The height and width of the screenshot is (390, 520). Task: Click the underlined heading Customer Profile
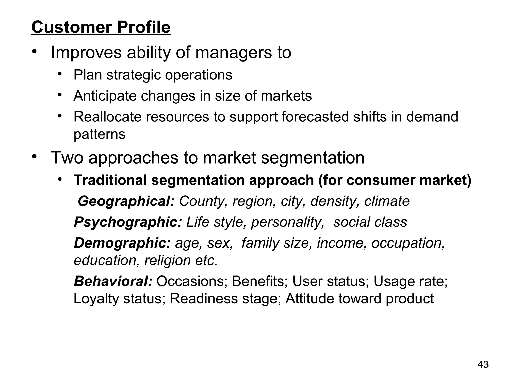[x=101, y=27]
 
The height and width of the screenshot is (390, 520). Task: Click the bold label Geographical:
[x=126, y=201]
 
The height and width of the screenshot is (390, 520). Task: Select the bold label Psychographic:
[x=128, y=222]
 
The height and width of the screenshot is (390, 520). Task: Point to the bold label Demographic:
[x=122, y=243]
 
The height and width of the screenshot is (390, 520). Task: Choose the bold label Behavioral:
[x=113, y=281]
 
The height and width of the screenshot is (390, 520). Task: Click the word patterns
[x=99, y=134]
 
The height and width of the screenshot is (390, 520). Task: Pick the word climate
[x=387, y=201]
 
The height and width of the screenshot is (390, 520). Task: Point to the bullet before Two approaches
[x=35, y=156]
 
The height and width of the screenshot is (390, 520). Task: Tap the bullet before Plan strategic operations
[x=60, y=74]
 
